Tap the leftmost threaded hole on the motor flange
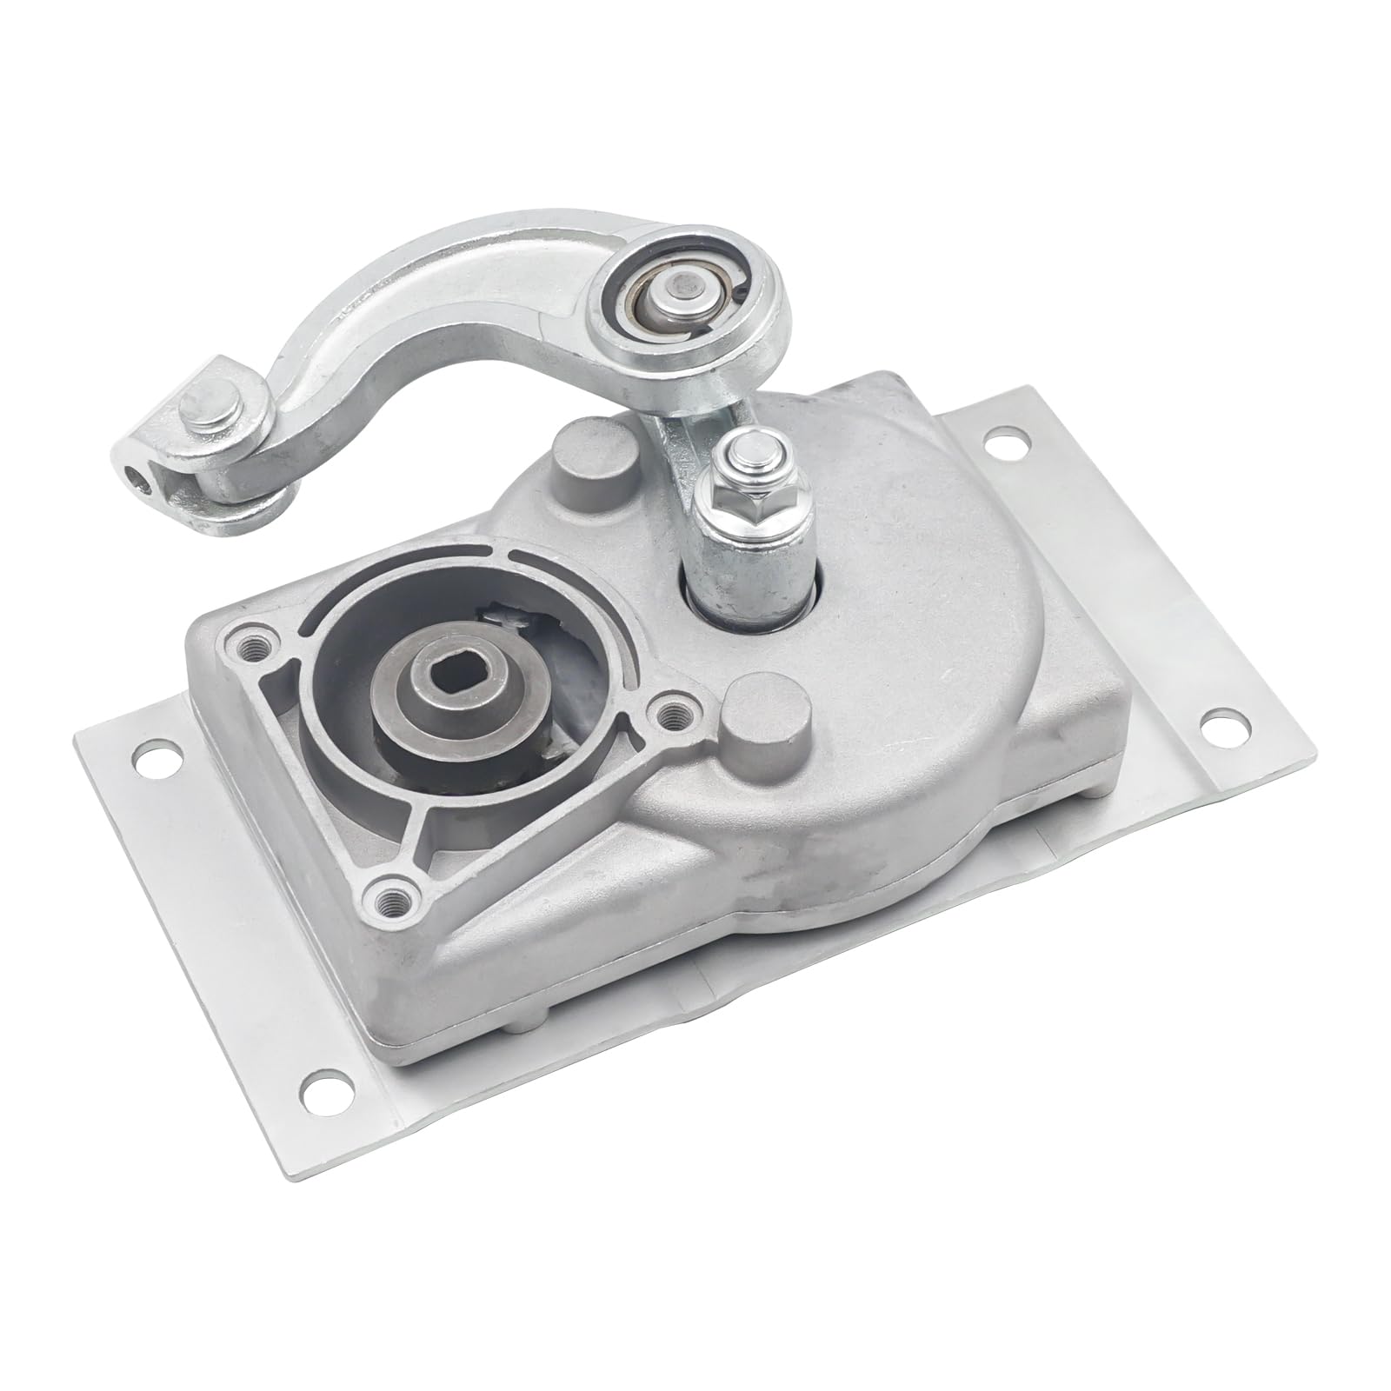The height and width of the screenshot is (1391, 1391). (x=256, y=645)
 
